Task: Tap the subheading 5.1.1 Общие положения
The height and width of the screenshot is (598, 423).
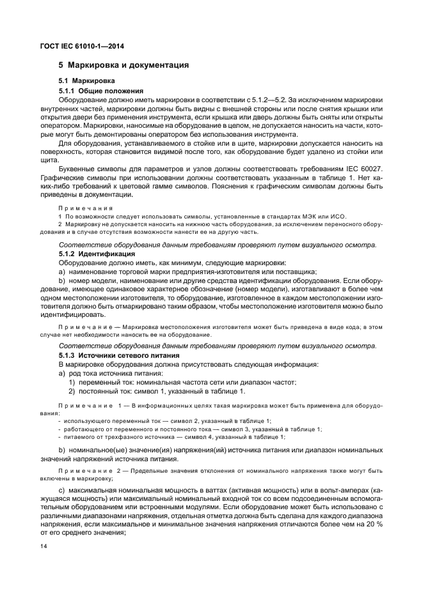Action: (x=100, y=91)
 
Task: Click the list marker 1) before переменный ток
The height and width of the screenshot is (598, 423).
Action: (x=72, y=382)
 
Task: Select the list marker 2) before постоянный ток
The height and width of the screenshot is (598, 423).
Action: (x=72, y=391)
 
